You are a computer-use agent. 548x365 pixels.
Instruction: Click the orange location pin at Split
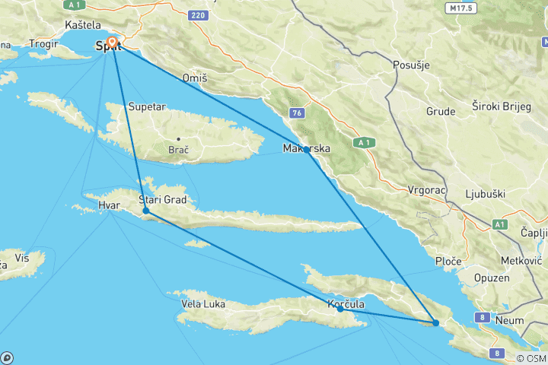coord(113,42)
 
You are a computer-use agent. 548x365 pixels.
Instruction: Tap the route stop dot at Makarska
coord(307,150)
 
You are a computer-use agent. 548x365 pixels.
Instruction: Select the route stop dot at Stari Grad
coord(145,211)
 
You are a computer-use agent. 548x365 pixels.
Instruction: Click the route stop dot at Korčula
coord(340,309)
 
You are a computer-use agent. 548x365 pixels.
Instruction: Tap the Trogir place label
coord(43,45)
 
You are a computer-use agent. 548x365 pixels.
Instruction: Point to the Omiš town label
coord(195,78)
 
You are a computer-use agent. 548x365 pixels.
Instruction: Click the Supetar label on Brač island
coord(147,106)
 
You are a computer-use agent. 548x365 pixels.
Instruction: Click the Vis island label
coord(22,259)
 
